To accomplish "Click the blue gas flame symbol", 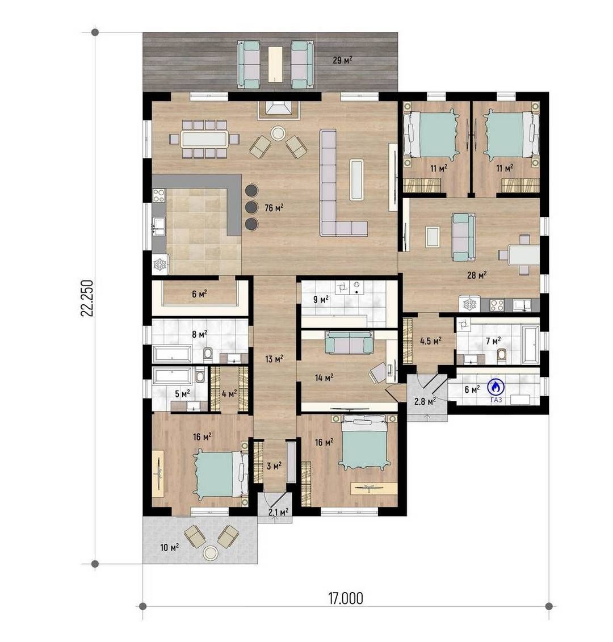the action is (x=496, y=385).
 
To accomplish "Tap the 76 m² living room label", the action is (x=274, y=208).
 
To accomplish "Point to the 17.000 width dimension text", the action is (x=346, y=598).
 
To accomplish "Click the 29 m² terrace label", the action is (x=343, y=60).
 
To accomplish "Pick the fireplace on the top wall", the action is (x=279, y=110).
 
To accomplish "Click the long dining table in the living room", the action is (x=204, y=139).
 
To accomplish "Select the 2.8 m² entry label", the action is (x=425, y=401).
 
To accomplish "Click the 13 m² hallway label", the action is (x=274, y=359).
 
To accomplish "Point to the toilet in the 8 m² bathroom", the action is (x=208, y=354).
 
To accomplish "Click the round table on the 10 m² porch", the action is (x=211, y=553).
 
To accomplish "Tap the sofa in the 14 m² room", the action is (x=349, y=342).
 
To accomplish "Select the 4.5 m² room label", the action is (x=431, y=341).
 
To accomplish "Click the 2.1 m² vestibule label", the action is (x=279, y=511).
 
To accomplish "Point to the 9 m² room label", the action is (x=321, y=299).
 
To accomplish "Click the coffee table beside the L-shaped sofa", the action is (x=356, y=180).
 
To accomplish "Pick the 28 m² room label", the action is (x=477, y=275).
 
